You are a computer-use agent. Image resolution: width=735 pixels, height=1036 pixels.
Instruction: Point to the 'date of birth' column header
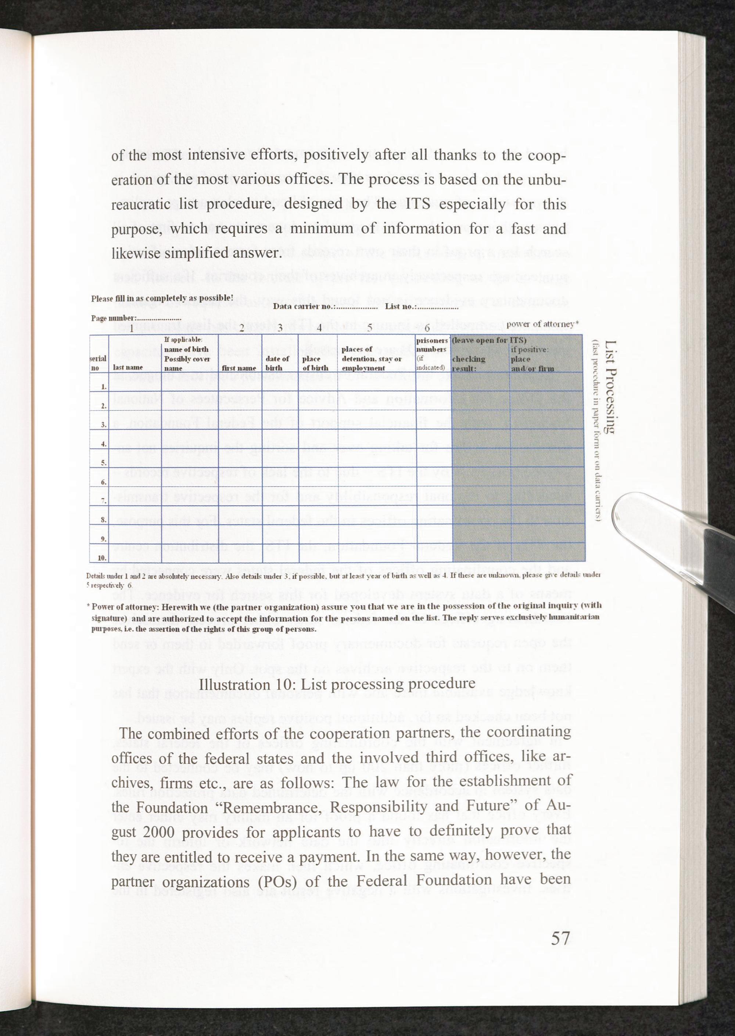point(277,363)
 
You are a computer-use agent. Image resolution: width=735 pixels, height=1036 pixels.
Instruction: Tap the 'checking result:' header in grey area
point(469,363)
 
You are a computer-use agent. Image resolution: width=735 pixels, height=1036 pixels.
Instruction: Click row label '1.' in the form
point(104,387)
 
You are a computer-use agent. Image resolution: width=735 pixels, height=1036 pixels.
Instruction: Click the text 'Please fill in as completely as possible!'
point(162,299)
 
